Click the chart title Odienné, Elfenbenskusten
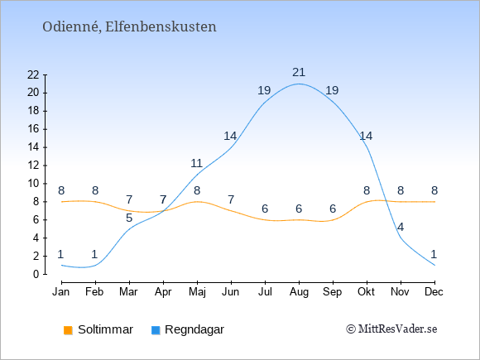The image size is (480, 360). [x=129, y=27]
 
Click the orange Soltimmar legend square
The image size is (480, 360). [x=68, y=330]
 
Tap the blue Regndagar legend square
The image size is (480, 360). [x=156, y=330]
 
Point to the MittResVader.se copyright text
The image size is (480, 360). [x=391, y=329]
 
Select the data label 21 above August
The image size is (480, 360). [x=299, y=73]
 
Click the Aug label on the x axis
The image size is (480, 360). [x=299, y=292]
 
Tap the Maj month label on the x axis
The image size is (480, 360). [x=197, y=292]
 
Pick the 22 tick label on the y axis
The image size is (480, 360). [x=33, y=74]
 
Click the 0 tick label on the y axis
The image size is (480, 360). [x=36, y=274]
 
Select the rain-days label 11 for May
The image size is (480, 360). [x=196, y=164]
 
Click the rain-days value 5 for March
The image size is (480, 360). [x=129, y=218]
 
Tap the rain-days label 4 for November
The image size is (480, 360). [x=401, y=227]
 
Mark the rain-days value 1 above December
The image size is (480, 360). [x=434, y=254]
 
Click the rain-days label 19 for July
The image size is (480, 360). [x=264, y=90]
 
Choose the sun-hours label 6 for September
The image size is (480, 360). [x=333, y=209]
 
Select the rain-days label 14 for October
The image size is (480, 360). [x=366, y=136]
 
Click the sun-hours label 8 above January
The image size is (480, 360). [x=61, y=190]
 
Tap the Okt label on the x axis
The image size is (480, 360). [x=366, y=292]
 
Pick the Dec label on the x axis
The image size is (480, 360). [x=434, y=292]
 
